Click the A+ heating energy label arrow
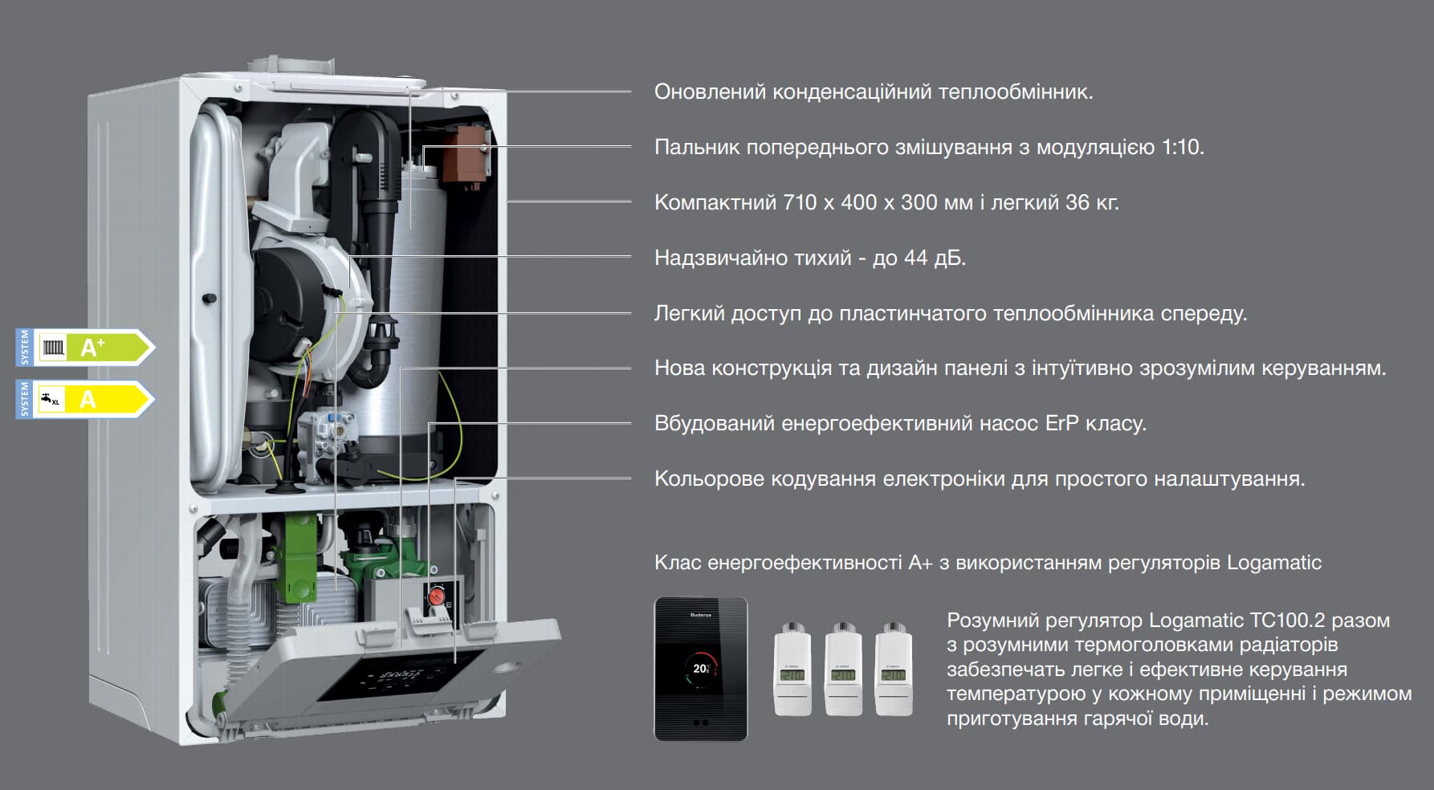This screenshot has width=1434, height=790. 84,347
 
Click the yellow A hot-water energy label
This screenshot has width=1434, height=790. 84,399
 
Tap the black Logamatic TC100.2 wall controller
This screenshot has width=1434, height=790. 701,669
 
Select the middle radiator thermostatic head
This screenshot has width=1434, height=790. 843,669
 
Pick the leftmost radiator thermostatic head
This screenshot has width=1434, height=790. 792,669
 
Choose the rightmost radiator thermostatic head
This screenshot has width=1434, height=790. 894,669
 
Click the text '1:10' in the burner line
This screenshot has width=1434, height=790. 1182,148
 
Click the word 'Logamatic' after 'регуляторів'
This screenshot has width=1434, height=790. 1274,563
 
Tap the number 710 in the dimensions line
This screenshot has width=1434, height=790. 800,202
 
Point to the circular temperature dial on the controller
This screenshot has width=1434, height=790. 702,669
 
